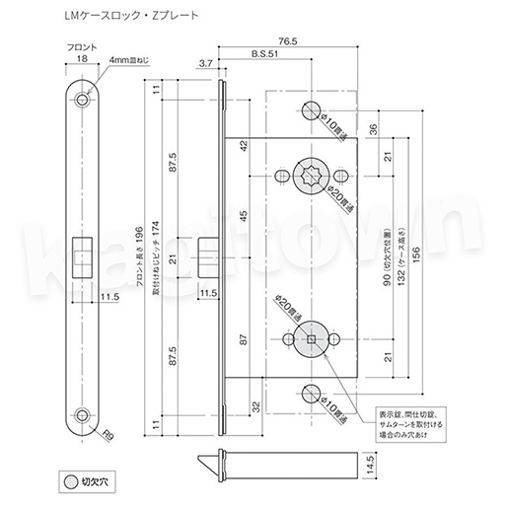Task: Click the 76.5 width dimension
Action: coord(287,42)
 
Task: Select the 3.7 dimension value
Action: coord(206,64)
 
